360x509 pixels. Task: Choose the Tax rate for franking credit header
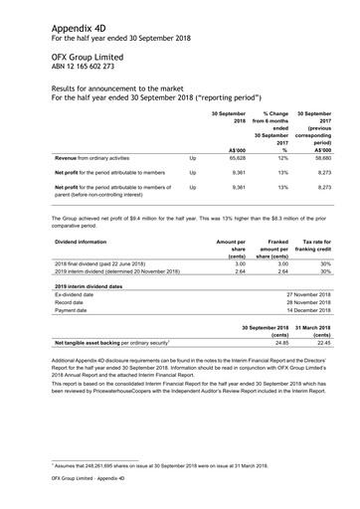pyautogui.click(x=320, y=248)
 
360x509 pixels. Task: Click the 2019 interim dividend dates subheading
pyautogui.click(x=95, y=285)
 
